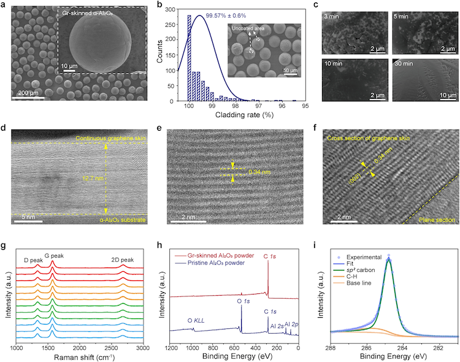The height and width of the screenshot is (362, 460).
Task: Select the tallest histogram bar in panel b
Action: pyautogui.click(x=189, y=58)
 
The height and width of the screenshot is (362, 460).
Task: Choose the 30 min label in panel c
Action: pyautogui.click(x=405, y=63)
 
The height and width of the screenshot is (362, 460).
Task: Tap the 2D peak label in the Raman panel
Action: pyautogui.click(x=123, y=260)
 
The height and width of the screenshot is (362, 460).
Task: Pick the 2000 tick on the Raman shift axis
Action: pyautogui.click(x=80, y=347)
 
